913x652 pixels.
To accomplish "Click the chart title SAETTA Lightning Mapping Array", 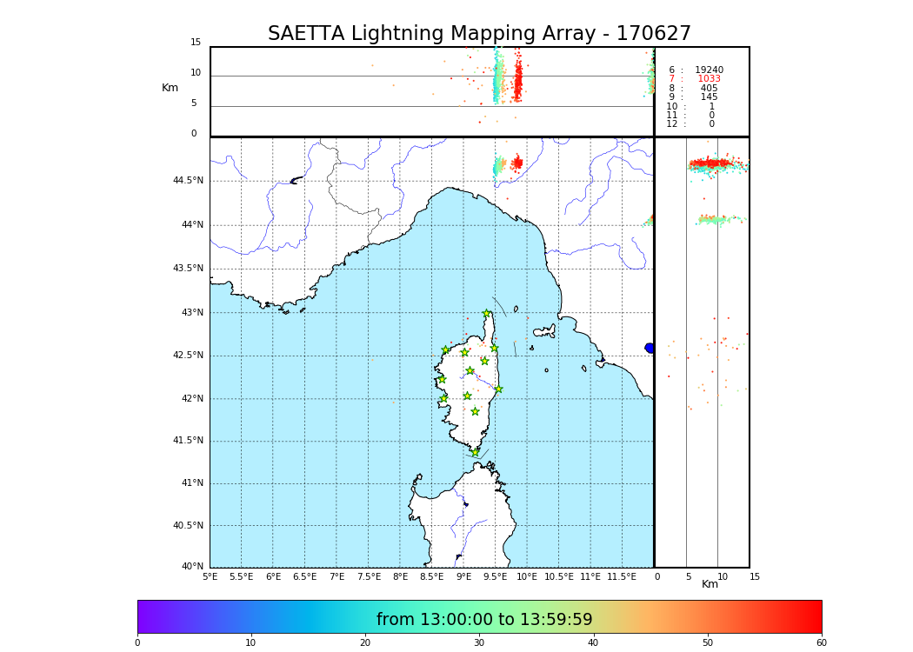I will tap(479, 34).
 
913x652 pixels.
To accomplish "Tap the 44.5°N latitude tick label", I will tap(188, 181).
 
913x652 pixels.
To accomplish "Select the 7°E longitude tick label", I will tap(337, 577).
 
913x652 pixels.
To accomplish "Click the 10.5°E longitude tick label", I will tap(559, 577).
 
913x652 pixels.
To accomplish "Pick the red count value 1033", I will tap(709, 79).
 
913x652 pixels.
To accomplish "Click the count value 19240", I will tap(709, 70).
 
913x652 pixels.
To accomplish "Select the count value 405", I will tap(709, 88).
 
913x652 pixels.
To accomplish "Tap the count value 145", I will tap(709, 97).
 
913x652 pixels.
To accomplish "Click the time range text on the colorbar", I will tap(484, 620).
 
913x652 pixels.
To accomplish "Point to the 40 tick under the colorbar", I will tap(593, 643).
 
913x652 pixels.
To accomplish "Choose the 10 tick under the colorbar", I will tap(250, 643).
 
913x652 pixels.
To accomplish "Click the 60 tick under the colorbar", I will tap(821, 643).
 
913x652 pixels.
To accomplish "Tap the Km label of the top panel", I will tap(170, 88).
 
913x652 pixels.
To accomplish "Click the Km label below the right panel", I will tap(710, 584).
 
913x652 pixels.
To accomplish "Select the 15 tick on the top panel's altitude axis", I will tap(196, 43).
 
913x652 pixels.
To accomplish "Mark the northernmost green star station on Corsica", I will tap(487, 314).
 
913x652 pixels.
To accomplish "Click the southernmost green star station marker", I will tap(476, 452).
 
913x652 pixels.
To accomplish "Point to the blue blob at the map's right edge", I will tap(650, 348).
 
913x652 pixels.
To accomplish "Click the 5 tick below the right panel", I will tap(689, 576).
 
